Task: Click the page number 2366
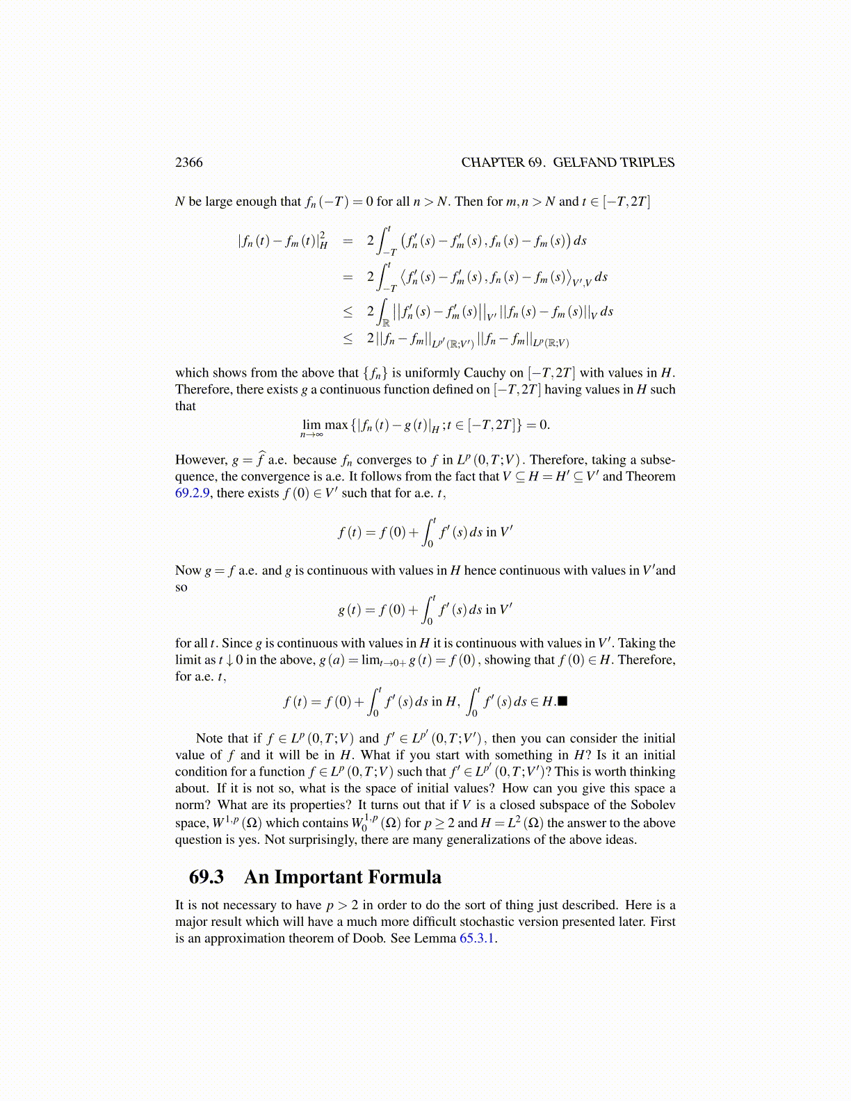coord(189,163)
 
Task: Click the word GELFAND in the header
coord(583,163)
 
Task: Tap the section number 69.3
coord(206,877)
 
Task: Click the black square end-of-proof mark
coord(563,701)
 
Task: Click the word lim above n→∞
coord(311,425)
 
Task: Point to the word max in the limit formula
coord(336,425)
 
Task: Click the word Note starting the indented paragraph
coord(209,738)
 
